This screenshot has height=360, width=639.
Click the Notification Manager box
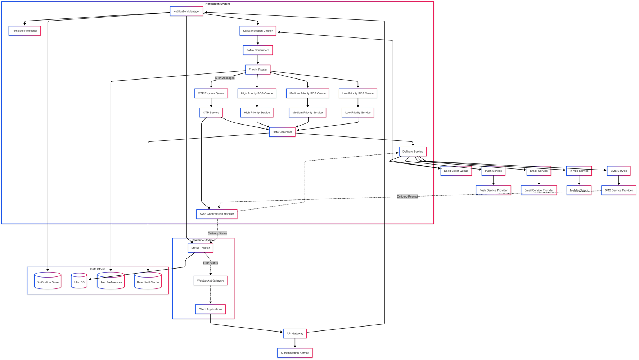pos(186,12)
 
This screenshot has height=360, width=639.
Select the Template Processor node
pos(24,31)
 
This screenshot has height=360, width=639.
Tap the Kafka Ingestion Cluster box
pos(258,31)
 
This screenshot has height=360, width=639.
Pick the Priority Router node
pos(258,69)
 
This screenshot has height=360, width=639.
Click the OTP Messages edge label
pos(225,78)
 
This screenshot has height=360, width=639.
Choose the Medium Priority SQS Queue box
pos(307,93)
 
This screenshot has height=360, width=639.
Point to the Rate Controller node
pos(282,132)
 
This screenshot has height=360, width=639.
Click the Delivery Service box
pos(413,152)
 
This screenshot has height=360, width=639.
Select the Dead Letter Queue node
pos(456,171)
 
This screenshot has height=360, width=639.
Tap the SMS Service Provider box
pos(618,190)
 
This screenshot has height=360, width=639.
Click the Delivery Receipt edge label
pos(407,197)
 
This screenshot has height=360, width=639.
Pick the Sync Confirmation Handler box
pos(217,214)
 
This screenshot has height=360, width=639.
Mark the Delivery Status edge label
pos(217,233)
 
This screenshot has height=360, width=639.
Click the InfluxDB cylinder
pos(79,282)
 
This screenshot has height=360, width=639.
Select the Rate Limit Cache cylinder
pos(148,282)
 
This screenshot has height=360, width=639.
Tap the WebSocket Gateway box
pos(210,281)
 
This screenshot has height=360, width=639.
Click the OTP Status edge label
pos(210,263)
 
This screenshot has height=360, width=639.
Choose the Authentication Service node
pos(295,353)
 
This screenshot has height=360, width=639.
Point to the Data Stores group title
pos(98,269)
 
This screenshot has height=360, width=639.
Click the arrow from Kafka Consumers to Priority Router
pos(258,60)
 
